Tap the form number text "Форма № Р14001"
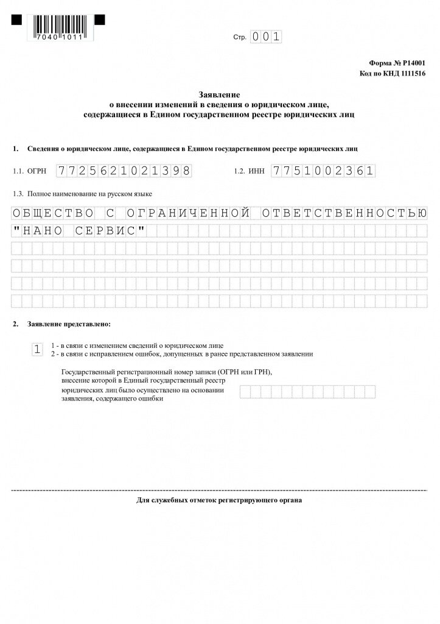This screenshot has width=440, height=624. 397,63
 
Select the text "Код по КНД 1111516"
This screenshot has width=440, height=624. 393,73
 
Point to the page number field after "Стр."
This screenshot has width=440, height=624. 267,37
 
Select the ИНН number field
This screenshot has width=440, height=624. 323,171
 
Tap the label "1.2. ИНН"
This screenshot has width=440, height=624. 250,172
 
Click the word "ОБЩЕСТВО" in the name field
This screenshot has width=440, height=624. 53,213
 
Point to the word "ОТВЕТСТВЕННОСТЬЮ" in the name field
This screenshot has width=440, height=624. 344,213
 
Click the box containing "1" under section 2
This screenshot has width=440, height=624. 37,349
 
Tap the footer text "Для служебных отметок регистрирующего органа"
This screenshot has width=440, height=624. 219,500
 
